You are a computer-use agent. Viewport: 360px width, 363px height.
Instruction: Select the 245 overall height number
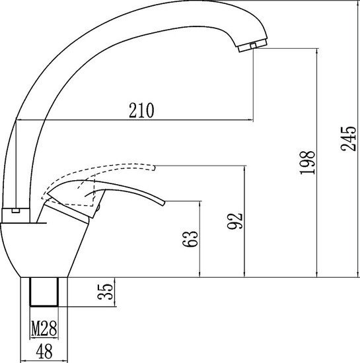click(x=348, y=139)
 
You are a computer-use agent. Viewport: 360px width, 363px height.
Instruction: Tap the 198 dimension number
click(x=307, y=162)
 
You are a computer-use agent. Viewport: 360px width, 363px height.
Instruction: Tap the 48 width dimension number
click(x=44, y=352)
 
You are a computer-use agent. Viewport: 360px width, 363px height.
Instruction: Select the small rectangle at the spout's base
click(x=17, y=212)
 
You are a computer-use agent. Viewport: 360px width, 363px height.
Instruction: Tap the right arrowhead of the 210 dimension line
click(x=251, y=120)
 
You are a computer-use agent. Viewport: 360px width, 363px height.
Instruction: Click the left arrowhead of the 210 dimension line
click(x=18, y=120)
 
